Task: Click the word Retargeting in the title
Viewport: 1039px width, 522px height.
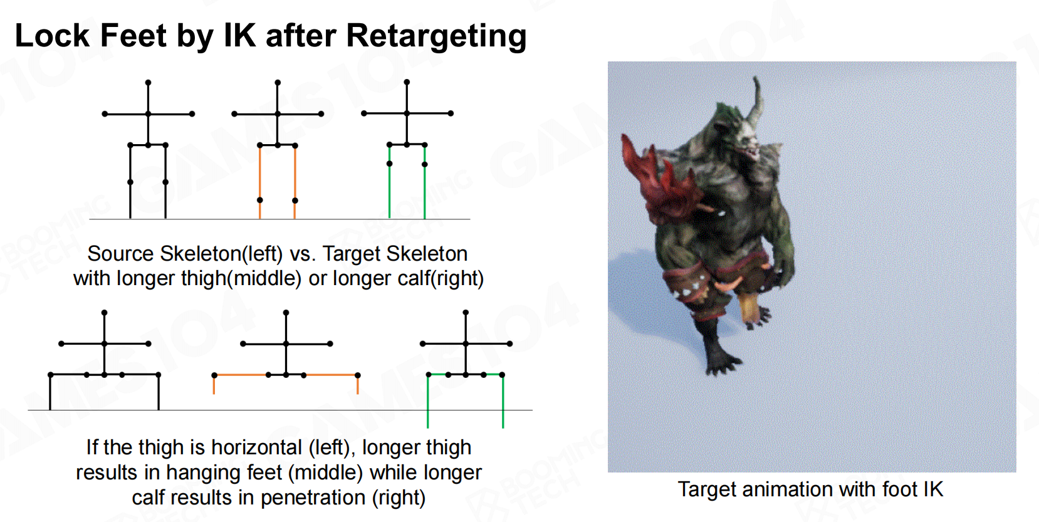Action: coord(436,37)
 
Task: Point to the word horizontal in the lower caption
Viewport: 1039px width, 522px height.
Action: coord(256,448)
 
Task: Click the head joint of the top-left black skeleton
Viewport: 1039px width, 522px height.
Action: coord(148,83)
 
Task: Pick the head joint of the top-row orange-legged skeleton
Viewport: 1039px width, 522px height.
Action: coord(278,83)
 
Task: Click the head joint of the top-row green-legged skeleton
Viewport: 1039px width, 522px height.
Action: coord(407,82)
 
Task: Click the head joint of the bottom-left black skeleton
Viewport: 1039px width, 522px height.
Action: coord(105,313)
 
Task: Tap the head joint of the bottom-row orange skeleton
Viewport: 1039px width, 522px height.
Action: coord(286,313)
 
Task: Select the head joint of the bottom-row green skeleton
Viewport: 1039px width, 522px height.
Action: coord(466,313)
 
